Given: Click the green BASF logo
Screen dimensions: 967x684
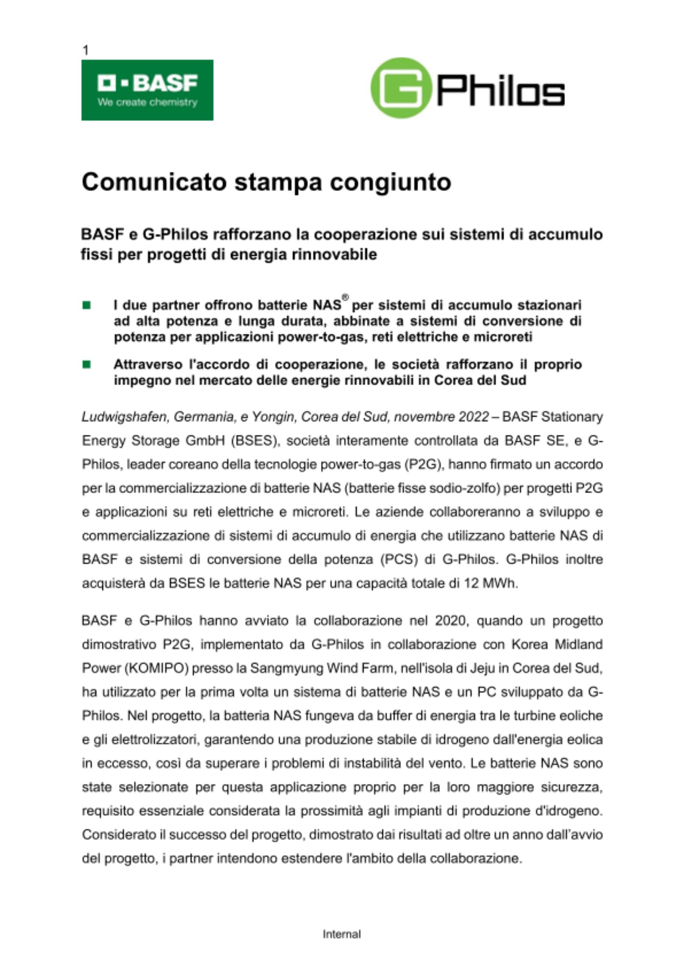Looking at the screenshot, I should pyautogui.click(x=147, y=90).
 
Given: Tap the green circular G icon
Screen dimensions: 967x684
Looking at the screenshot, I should pyautogui.click(x=401, y=88).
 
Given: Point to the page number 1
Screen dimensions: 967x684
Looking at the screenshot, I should pyautogui.click(x=86, y=50).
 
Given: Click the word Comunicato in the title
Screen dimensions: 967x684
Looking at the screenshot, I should pyautogui.click(x=154, y=182).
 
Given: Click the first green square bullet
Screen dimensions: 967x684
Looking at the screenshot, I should pyautogui.click(x=87, y=305).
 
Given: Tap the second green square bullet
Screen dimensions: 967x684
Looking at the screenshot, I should pyautogui.click(x=87, y=364).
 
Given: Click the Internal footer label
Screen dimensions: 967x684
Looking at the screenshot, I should pyautogui.click(x=342, y=934).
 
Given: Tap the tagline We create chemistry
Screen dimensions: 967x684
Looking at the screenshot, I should pyautogui.click(x=147, y=103).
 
